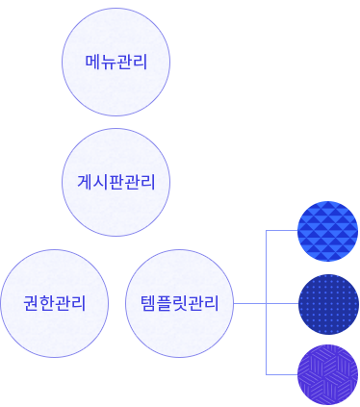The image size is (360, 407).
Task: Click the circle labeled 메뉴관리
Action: point(116,63)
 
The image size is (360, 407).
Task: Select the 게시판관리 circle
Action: point(116,182)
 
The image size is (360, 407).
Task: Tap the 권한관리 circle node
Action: point(55,303)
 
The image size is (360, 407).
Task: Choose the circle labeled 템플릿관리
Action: point(180,303)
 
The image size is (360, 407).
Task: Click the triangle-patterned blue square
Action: point(327,231)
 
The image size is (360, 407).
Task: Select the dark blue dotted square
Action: point(327,303)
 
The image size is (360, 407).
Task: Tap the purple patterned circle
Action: point(328,374)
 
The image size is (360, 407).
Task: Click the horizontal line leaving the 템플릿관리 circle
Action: point(248,303)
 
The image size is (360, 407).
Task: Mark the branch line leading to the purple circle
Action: point(281,374)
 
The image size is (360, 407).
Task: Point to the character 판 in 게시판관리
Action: point(116,183)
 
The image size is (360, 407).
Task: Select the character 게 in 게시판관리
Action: point(85,183)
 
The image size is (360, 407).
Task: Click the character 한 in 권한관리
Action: point(47,304)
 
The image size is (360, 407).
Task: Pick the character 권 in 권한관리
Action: point(32,304)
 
